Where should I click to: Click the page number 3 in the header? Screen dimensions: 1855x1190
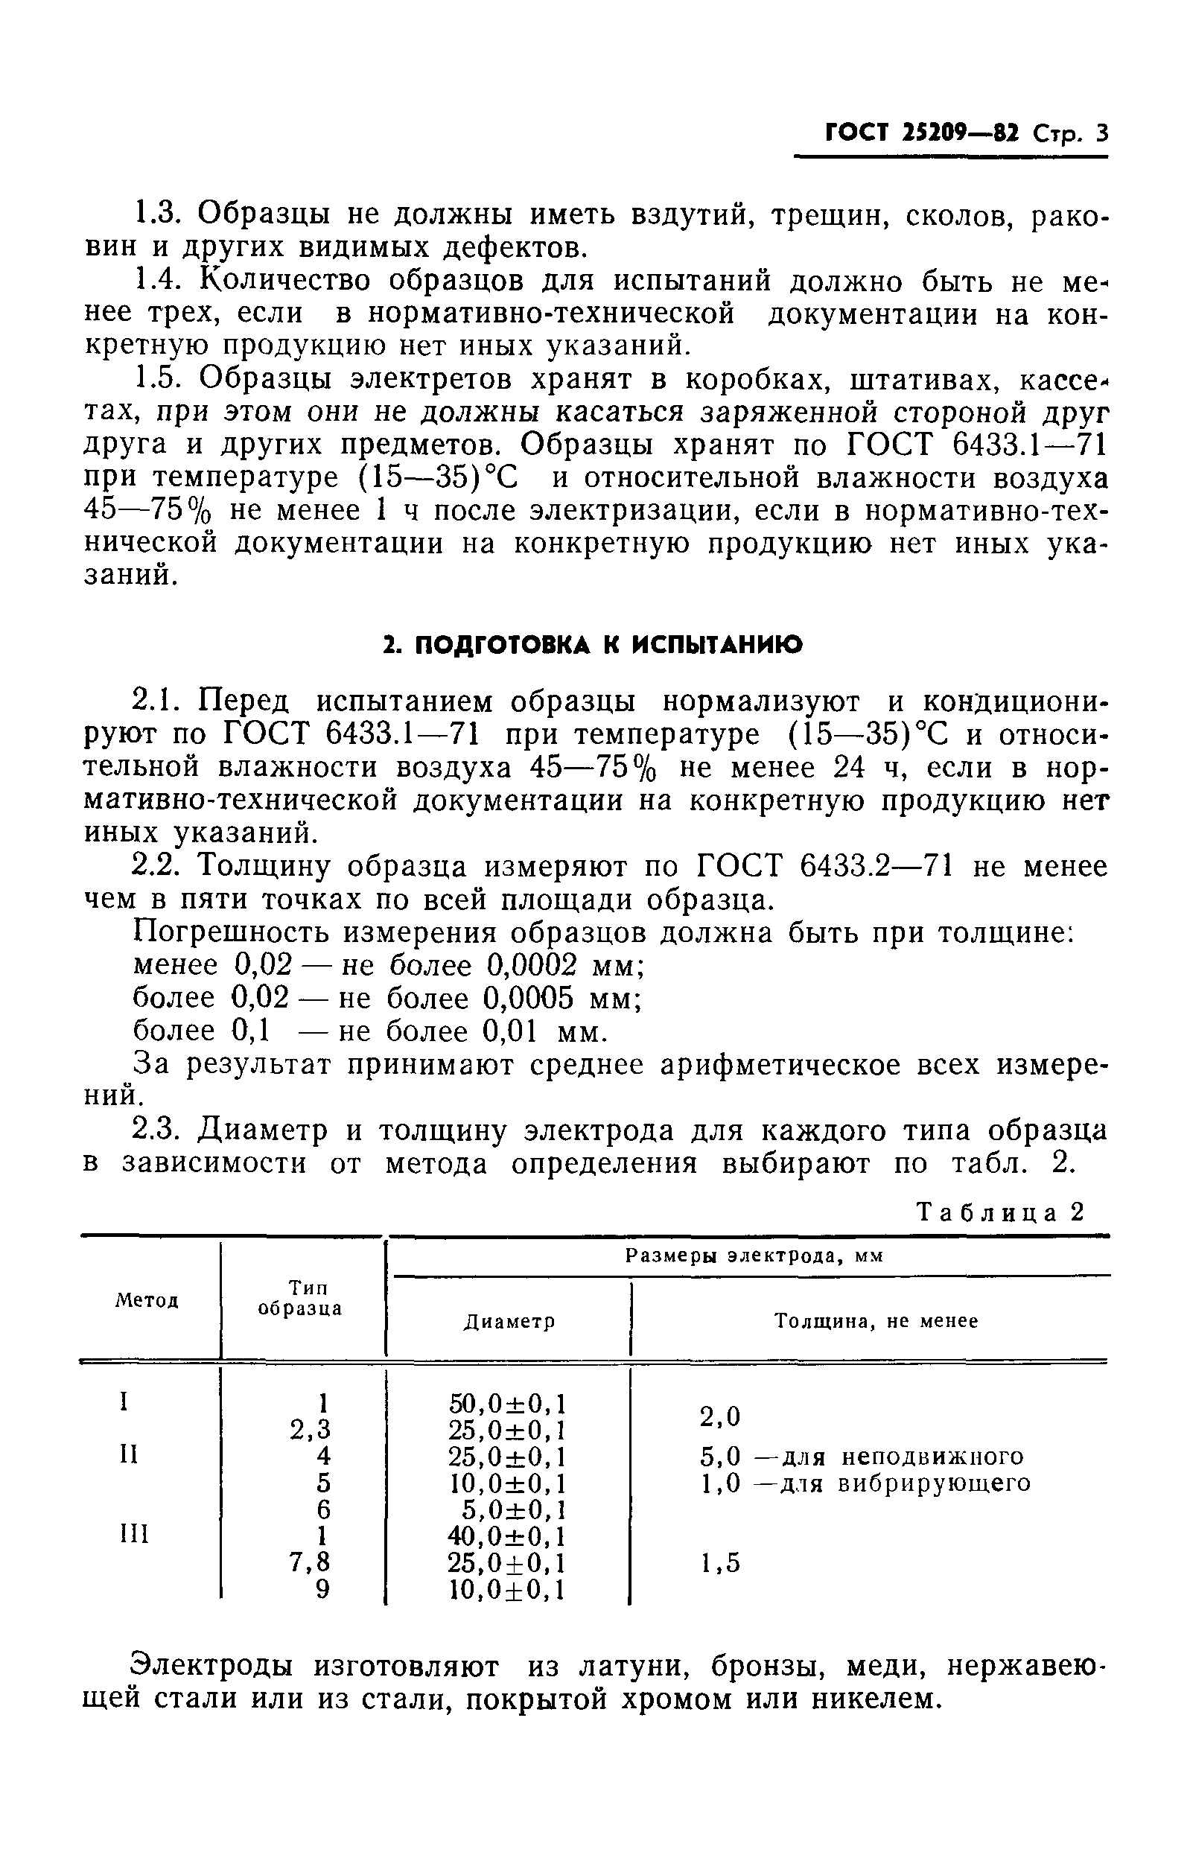coord(1101,133)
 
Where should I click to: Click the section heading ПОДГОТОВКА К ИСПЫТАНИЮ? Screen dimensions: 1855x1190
coord(594,644)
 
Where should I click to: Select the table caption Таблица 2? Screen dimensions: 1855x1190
coord(1000,1212)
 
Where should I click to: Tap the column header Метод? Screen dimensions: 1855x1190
coord(147,1300)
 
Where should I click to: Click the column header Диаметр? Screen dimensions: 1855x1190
coord(509,1322)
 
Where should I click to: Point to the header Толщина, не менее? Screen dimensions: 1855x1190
coord(876,1321)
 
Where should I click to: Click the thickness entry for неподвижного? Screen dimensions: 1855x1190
coord(861,1457)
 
